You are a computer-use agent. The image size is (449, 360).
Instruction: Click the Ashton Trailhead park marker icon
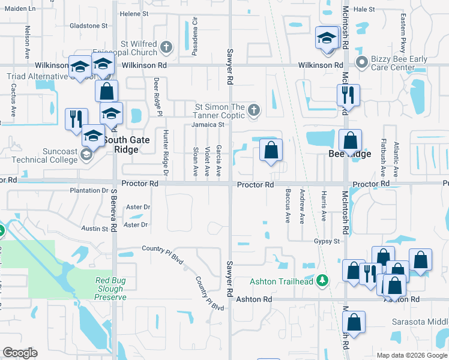pyautogui.click(x=323, y=281)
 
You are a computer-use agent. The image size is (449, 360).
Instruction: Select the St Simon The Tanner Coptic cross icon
pyautogui.click(x=254, y=110)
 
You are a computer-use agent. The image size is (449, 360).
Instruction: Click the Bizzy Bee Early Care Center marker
pyautogui.click(x=361, y=62)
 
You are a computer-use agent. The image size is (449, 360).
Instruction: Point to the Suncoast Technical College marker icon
pyautogui.click(x=86, y=155)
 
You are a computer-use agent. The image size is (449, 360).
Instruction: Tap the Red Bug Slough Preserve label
pyautogui.click(x=111, y=289)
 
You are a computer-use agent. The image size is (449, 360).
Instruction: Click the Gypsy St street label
pyautogui.click(x=327, y=241)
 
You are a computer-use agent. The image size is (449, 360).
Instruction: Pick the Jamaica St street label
pyautogui.click(x=208, y=125)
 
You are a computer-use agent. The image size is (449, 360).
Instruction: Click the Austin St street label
pyautogui.click(x=94, y=229)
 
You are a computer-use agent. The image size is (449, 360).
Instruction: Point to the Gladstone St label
pyautogui.click(x=88, y=26)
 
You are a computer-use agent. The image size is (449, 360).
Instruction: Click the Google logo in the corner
pyautogui.click(x=20, y=353)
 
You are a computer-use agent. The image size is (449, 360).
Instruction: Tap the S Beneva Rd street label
pyautogui.click(x=113, y=209)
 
